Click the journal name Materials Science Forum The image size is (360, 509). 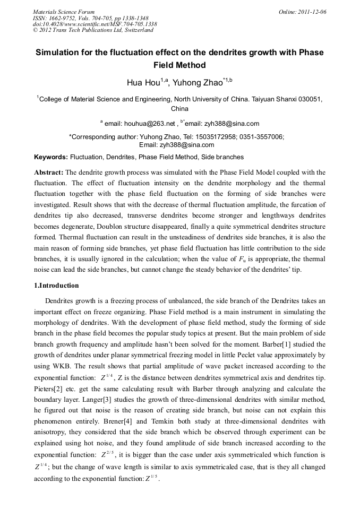64,11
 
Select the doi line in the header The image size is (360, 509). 95,24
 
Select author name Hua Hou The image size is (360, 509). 144,82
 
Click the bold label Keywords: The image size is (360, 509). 51,157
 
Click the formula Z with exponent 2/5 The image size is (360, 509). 108,455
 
